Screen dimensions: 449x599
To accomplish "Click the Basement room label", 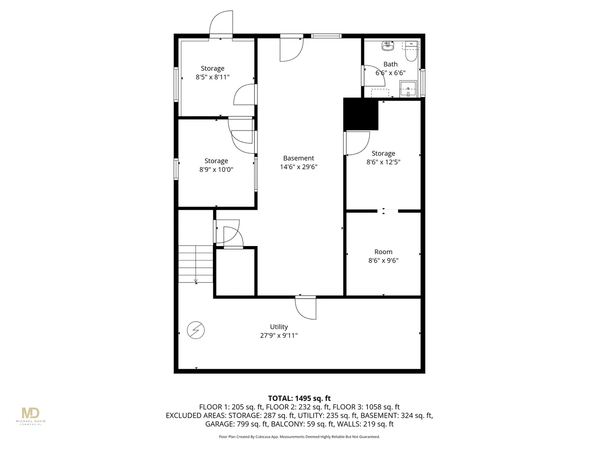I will tap(298, 158).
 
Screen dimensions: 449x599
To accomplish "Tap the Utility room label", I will tap(279, 327).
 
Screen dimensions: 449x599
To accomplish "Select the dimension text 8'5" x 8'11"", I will tap(213, 77).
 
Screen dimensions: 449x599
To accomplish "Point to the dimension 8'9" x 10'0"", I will tap(216, 170).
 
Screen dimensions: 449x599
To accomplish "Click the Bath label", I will tap(390, 64).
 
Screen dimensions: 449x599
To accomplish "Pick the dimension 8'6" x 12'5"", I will tap(383, 162).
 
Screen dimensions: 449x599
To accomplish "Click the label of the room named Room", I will tap(383, 252).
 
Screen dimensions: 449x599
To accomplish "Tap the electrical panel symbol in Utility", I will tap(195, 330).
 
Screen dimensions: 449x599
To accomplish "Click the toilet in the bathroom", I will tap(411, 52).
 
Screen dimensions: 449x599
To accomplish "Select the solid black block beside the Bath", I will tap(361, 114).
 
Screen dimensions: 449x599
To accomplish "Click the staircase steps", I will tap(196, 264).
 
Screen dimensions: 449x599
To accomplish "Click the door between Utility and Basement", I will tap(306, 308).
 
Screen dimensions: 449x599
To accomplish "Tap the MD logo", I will tap(31, 413).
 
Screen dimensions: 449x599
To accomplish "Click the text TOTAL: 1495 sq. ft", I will tap(299, 398).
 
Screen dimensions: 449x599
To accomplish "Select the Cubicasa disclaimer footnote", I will tap(299, 436).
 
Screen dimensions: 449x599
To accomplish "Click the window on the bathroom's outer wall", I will tap(422, 83).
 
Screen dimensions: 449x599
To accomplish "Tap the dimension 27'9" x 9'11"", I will tap(279, 335).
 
